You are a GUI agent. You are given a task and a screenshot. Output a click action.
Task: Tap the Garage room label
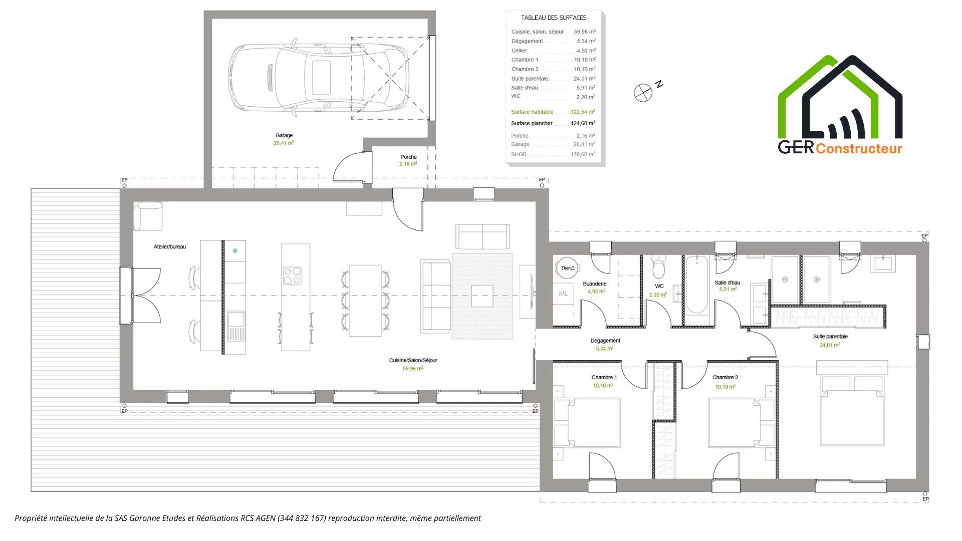click(284, 135)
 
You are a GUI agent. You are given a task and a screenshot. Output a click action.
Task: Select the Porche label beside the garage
click(408, 157)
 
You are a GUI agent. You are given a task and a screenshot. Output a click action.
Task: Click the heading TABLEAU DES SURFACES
click(554, 18)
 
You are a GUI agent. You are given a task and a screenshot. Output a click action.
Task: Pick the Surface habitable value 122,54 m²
click(583, 112)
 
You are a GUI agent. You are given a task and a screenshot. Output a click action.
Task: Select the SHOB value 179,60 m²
click(583, 154)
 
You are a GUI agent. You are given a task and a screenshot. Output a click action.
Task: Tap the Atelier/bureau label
click(170, 246)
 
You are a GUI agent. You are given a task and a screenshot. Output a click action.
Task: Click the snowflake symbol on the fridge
click(235, 250)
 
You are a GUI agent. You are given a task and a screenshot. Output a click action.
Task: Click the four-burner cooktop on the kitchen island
click(292, 276)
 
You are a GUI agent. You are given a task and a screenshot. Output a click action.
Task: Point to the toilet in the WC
click(659, 266)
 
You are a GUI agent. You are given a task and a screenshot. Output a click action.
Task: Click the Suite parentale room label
click(830, 337)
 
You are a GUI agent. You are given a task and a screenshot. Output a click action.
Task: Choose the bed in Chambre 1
click(587, 422)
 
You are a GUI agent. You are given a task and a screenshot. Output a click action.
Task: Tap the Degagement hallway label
click(605, 341)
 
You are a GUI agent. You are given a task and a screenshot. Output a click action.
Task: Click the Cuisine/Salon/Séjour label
click(413, 360)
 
